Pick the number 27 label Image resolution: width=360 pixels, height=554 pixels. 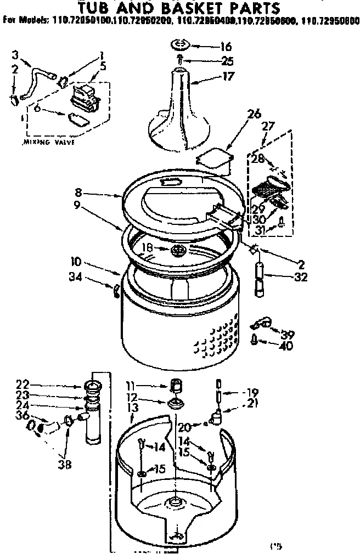pyautogui.click(x=268, y=126)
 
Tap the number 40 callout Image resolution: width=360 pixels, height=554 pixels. pyautogui.click(x=286, y=346)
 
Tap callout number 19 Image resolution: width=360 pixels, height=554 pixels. pyautogui.click(x=252, y=392)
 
